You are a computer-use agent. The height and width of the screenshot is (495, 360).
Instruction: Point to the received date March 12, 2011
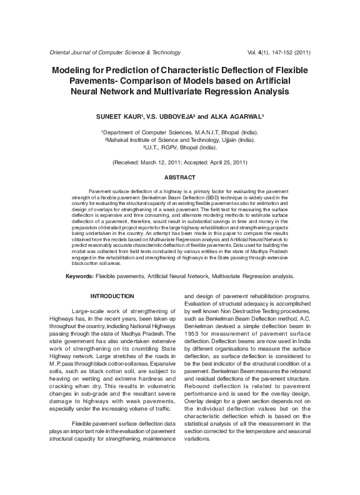coord(157,162)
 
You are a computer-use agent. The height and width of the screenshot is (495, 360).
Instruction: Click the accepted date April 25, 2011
coord(222,162)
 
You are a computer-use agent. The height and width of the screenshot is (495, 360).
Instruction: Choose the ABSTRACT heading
coord(179,177)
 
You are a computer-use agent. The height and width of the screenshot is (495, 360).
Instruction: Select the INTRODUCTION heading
coord(112,296)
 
